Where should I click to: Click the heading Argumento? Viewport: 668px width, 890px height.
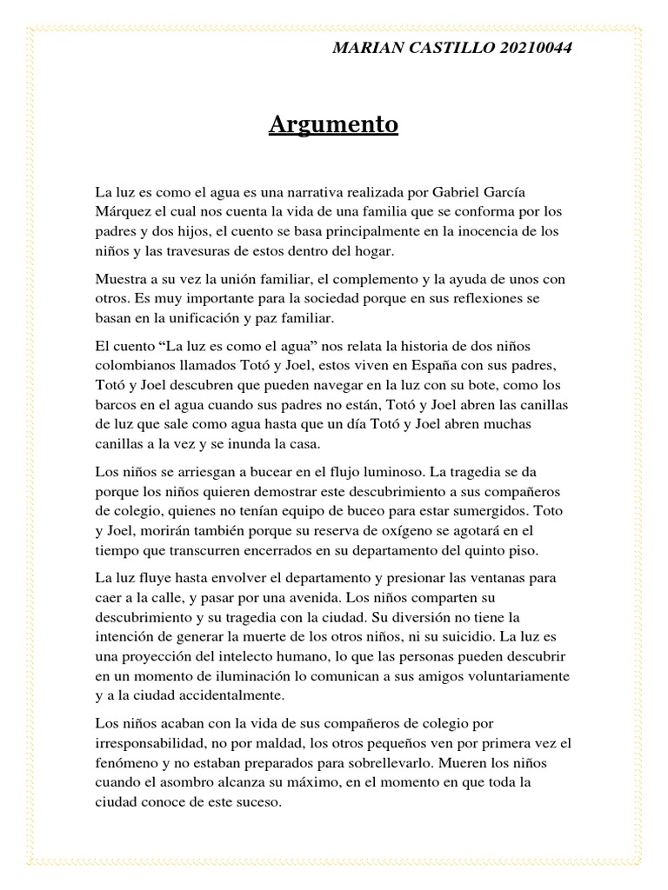[333, 125]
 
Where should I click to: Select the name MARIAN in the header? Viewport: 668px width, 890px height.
[364, 48]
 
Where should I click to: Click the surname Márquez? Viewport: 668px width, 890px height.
[123, 210]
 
